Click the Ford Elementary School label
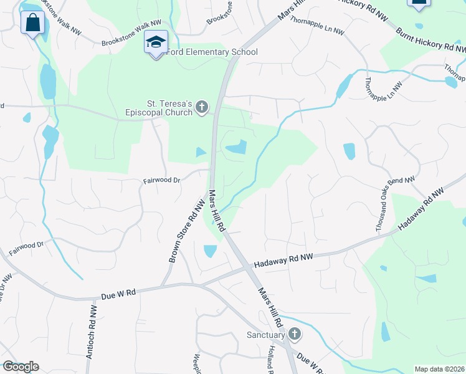212,52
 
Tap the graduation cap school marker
156,42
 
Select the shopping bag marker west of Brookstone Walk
32,24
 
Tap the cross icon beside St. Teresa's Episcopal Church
201,108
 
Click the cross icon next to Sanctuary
294,335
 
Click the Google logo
21,367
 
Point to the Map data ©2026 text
439,369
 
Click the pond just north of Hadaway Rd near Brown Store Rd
210,251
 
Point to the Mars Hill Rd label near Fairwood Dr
216,212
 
